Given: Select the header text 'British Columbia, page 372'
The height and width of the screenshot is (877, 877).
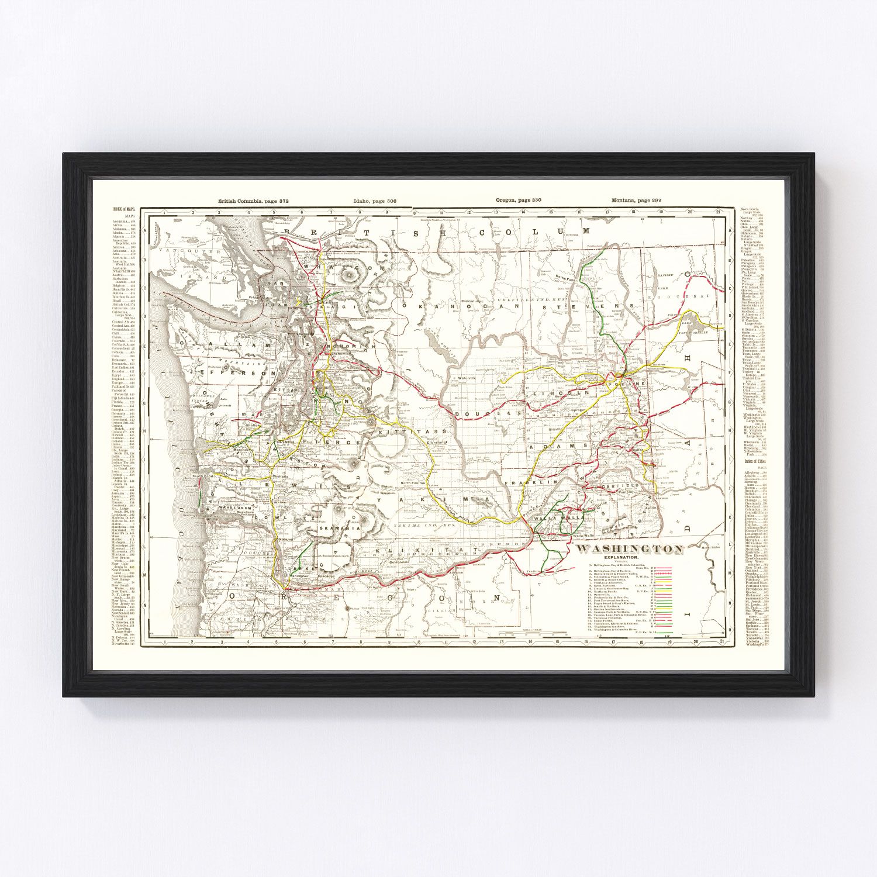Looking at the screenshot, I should pyautogui.click(x=254, y=201).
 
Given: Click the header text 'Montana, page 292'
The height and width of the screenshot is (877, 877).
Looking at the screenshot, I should pyautogui.click(x=636, y=201).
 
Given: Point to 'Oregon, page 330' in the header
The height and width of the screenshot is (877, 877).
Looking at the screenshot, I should pyautogui.click(x=518, y=201).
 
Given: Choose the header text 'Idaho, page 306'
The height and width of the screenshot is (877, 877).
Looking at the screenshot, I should pyautogui.click(x=375, y=201).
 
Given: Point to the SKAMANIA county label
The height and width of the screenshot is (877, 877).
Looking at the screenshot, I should pyautogui.click(x=339, y=528).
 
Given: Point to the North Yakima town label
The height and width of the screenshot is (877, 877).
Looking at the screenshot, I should pyautogui.click(x=415, y=484).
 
